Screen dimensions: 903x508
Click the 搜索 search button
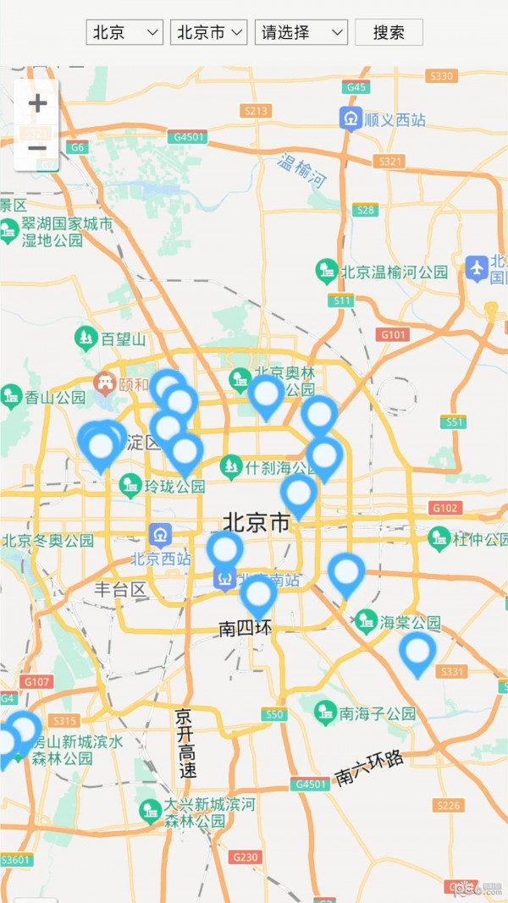click(x=389, y=32)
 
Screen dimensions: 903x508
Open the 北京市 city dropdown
click(x=208, y=32)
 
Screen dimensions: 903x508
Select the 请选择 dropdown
click(x=301, y=32)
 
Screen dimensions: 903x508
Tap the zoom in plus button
click(x=37, y=103)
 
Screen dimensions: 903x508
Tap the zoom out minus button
click(x=37, y=149)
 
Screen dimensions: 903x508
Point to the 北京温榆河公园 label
click(x=394, y=273)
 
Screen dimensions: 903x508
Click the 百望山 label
click(x=124, y=339)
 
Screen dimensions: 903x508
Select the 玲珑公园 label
click(x=174, y=487)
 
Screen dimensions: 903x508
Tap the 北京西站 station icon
click(x=160, y=535)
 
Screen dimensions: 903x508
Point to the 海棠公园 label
click(x=410, y=623)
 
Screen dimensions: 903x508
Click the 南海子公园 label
click(x=377, y=713)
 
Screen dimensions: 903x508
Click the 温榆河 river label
click(x=302, y=171)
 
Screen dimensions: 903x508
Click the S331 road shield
click(x=453, y=671)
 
